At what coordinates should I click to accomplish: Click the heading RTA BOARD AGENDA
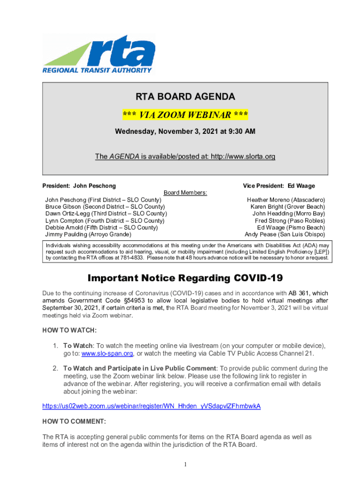coord(185,97)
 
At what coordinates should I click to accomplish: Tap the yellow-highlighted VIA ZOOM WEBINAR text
coord(185,115)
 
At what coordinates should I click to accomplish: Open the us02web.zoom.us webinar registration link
coord(151,406)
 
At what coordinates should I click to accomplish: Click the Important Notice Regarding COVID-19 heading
coord(185,278)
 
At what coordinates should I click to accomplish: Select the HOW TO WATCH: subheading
coord(70,330)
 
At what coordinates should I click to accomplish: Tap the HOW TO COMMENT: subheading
coord(74,421)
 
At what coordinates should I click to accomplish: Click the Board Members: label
coord(185,193)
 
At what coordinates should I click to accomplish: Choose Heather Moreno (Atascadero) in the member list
coord(286,200)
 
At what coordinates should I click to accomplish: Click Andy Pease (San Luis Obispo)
coord(285,234)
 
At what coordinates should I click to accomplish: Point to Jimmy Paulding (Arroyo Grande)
coord(88,234)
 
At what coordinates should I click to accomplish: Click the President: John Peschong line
coord(79,186)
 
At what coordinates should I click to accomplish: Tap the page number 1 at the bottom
coord(186,464)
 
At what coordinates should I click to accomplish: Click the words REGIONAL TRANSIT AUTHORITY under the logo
coord(97,70)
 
